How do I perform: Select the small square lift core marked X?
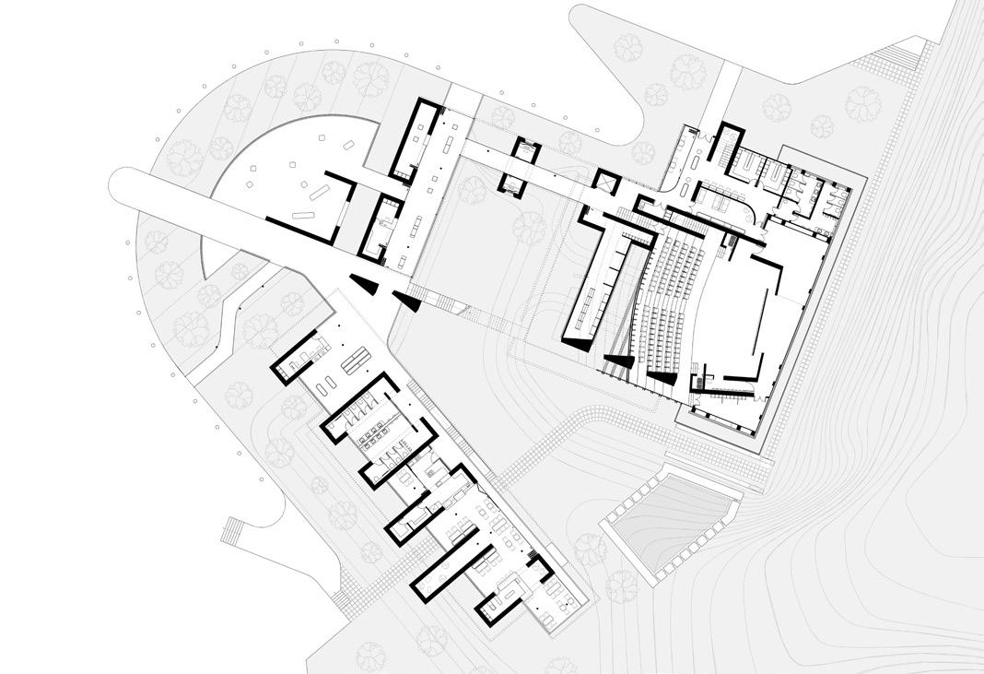pos(607,183)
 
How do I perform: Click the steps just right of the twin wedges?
pos(418,295)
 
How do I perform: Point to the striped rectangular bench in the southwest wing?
pos(353,363)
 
